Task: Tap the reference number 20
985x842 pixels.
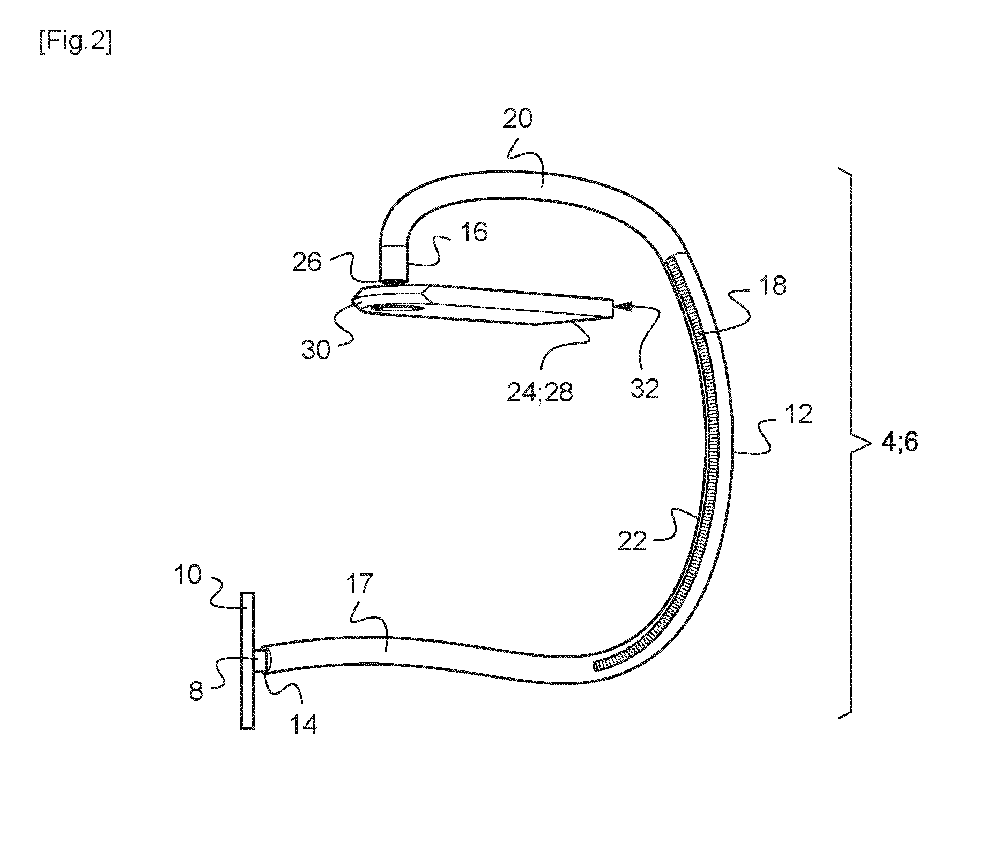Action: tap(517, 119)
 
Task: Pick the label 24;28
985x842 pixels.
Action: tap(539, 393)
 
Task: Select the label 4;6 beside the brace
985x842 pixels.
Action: tap(900, 443)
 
